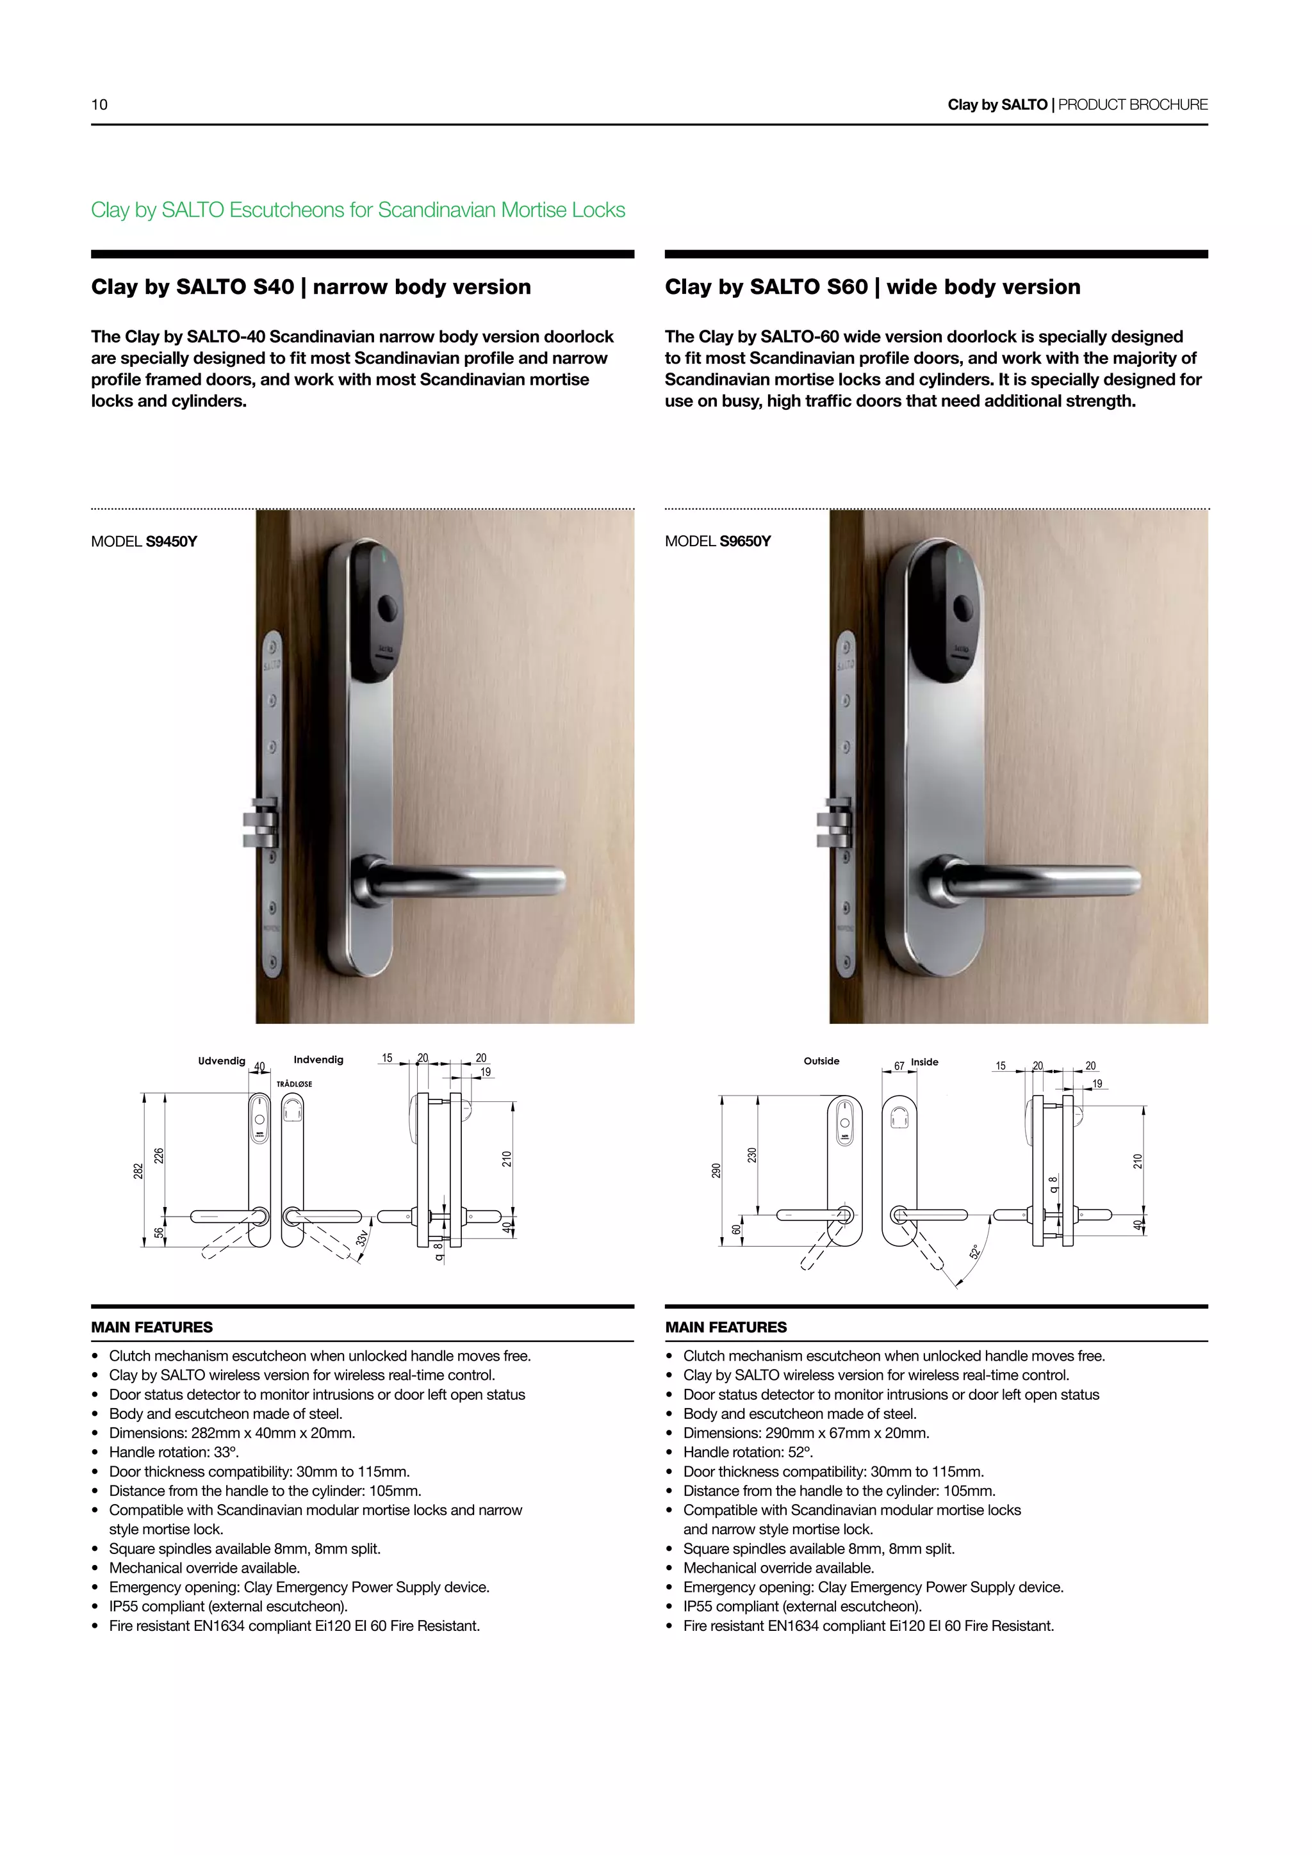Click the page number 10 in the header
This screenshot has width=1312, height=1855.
tap(99, 104)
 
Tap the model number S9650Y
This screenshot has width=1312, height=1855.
tap(744, 541)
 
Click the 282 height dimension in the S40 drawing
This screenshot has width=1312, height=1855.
tap(138, 1171)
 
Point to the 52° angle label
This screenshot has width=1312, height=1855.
tap(975, 1251)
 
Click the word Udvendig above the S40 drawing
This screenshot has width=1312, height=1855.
tap(222, 1061)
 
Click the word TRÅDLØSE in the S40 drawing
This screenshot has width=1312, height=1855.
tap(294, 1084)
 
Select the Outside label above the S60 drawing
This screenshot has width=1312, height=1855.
tap(821, 1061)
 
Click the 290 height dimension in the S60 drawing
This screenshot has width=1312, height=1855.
tap(716, 1171)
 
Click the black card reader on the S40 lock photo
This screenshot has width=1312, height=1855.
tap(377, 606)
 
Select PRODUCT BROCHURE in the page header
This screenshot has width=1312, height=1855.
tap(1133, 104)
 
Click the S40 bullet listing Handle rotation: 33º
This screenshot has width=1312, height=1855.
tap(174, 1452)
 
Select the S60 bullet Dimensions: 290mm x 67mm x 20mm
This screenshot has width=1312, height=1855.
tap(806, 1432)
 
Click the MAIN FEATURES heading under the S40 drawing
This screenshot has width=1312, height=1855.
tap(152, 1327)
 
